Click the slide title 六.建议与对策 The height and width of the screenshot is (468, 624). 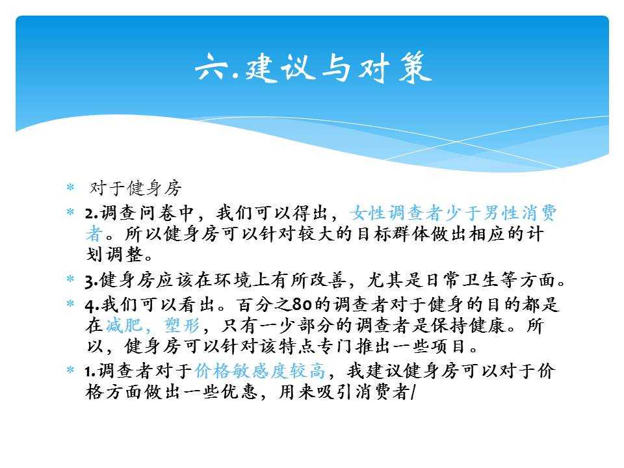(313, 68)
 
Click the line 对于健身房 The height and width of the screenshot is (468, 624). (136, 188)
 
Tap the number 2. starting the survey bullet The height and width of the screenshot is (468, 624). (92, 214)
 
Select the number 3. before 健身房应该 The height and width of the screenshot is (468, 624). (92, 281)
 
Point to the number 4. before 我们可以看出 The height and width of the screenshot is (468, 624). (92, 305)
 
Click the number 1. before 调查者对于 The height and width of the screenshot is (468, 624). (91, 371)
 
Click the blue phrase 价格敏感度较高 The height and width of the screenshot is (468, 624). (260, 371)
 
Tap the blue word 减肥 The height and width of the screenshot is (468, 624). (123, 326)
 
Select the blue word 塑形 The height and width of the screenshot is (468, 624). (182, 326)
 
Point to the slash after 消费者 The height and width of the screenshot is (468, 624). (412, 392)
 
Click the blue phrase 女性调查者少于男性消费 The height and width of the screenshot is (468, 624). (453, 213)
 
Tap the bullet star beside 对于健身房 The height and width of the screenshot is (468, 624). (70, 187)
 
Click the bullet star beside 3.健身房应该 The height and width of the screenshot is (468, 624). (70, 278)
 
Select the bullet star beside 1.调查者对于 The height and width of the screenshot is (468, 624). (70, 370)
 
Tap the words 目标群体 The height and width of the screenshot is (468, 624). (394, 233)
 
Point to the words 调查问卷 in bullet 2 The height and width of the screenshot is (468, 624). (137, 213)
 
